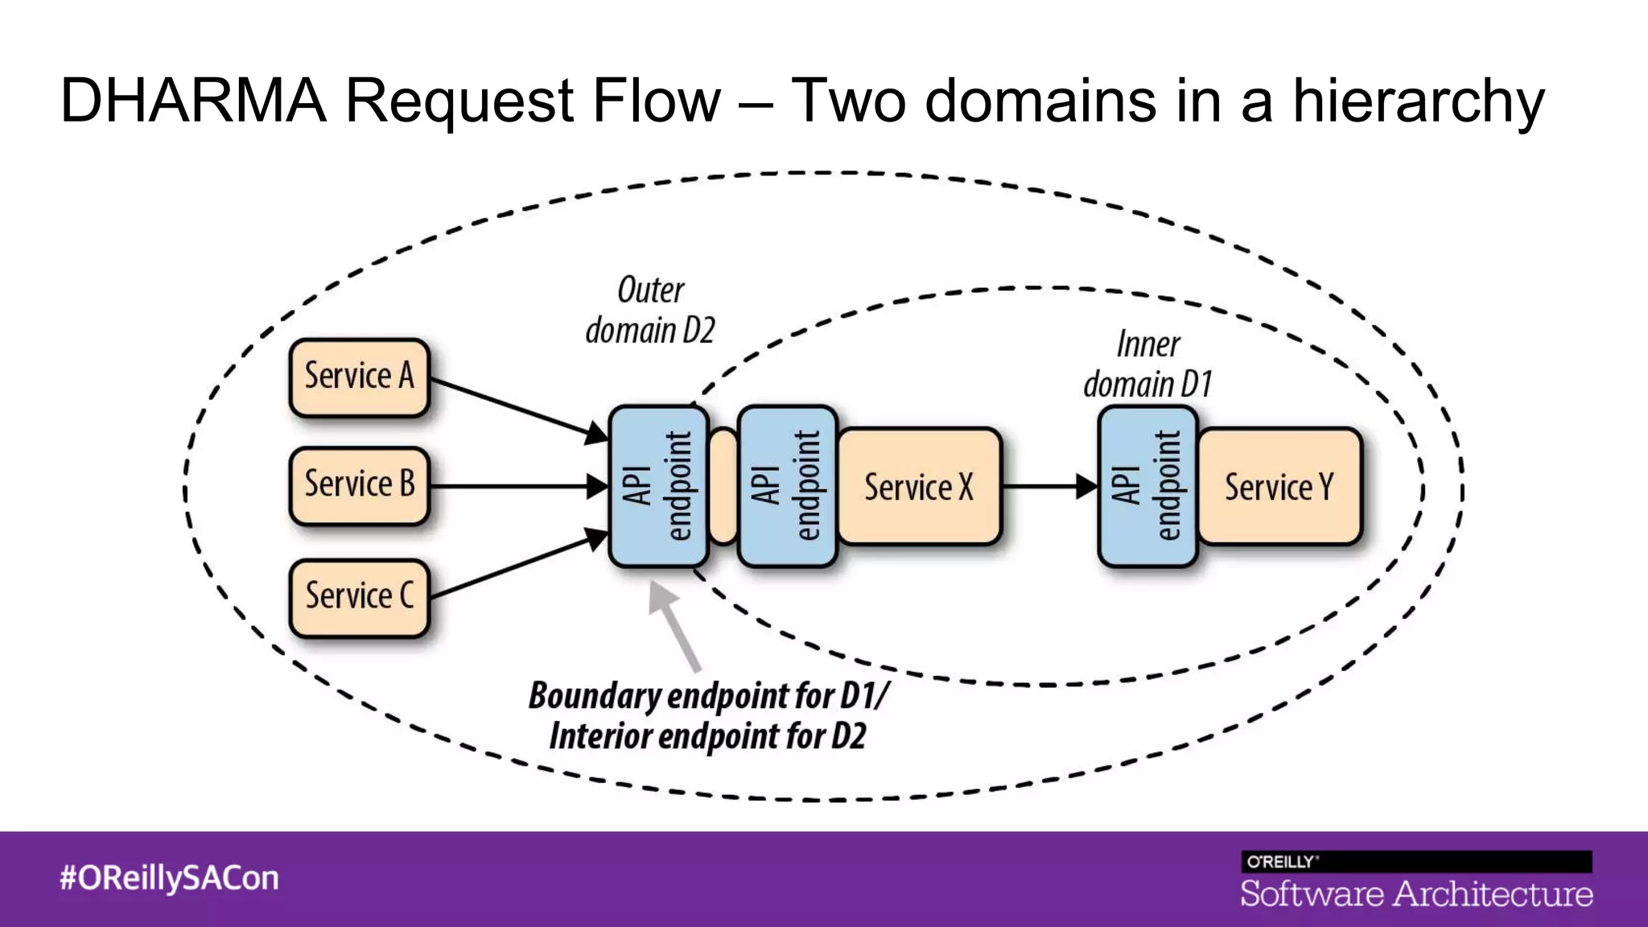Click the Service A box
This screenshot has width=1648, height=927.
click(359, 377)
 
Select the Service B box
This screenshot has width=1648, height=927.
click(359, 485)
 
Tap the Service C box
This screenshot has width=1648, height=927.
click(359, 597)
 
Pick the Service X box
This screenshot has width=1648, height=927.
click(919, 487)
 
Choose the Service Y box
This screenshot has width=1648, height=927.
click(1279, 487)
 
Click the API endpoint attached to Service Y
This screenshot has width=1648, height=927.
click(1147, 487)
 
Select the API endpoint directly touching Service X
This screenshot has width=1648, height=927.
click(786, 487)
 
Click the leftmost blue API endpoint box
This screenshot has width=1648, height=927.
click(658, 487)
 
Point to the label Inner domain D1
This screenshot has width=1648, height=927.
click(1147, 365)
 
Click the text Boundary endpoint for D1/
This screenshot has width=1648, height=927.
click(708, 695)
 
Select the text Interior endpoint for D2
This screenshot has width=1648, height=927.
click(707, 736)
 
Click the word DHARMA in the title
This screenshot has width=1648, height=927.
click(193, 101)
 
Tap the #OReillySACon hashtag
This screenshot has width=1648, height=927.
click(169, 878)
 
